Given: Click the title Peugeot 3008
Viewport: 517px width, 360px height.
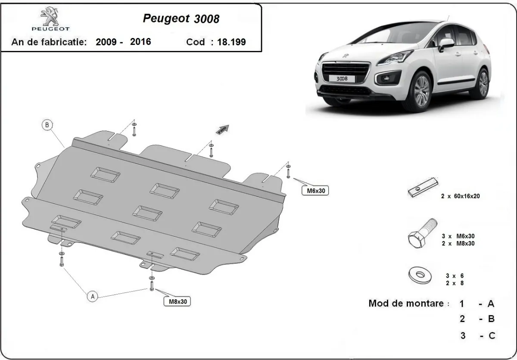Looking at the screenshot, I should click(181, 19).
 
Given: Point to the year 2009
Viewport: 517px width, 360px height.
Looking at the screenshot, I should click(105, 42).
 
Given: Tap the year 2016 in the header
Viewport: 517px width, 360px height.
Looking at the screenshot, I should click(140, 42).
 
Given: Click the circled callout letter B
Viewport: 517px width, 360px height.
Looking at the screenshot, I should click(47, 125).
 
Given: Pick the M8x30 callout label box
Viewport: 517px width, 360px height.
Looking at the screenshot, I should click(177, 301).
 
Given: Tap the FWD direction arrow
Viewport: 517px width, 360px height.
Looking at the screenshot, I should click(223, 130).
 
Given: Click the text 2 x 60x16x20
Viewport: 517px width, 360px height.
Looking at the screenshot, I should click(460, 196).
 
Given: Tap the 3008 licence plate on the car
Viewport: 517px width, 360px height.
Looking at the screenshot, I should click(343, 78).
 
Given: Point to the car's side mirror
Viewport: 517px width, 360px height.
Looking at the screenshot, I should click(446, 44).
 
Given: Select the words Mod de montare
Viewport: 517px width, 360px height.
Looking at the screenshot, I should click(406, 303).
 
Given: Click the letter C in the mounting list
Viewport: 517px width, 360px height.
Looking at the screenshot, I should click(491, 335).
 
